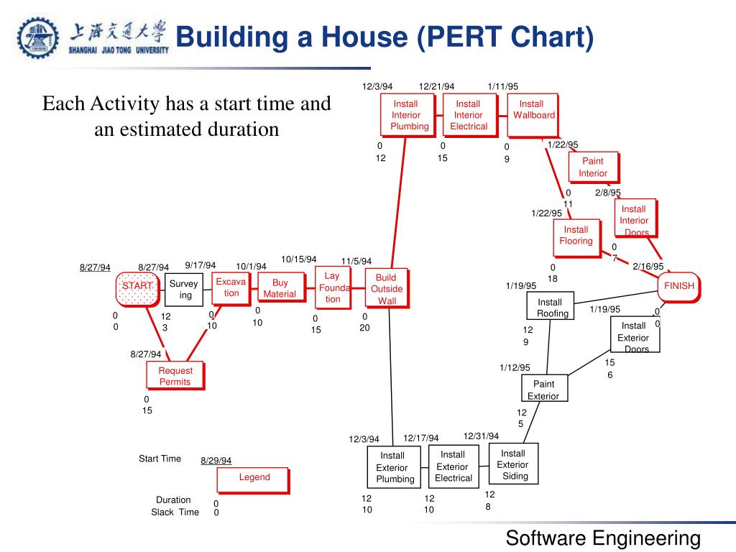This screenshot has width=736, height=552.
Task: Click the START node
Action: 137,289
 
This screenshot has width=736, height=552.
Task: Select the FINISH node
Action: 678,287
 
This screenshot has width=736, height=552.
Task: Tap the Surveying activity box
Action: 184,290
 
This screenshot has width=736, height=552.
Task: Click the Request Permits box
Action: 175,375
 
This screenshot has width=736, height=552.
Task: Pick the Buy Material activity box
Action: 280,287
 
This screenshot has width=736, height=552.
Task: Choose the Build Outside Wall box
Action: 387,288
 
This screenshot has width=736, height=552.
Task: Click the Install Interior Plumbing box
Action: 408,115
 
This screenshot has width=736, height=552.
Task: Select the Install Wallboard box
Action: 533,115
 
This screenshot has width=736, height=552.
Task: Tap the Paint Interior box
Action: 593,167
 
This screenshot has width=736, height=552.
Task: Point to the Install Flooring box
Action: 577,238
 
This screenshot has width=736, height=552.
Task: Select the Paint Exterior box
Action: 545,388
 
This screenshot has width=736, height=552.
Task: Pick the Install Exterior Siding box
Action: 513,464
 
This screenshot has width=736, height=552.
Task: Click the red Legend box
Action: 254,480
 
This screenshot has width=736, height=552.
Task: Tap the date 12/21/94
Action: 436,86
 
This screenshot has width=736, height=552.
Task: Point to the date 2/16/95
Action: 648,266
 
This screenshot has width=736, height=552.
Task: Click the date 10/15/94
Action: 299,259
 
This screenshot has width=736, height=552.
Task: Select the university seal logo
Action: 37,38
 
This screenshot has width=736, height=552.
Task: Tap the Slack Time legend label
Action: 175,512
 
